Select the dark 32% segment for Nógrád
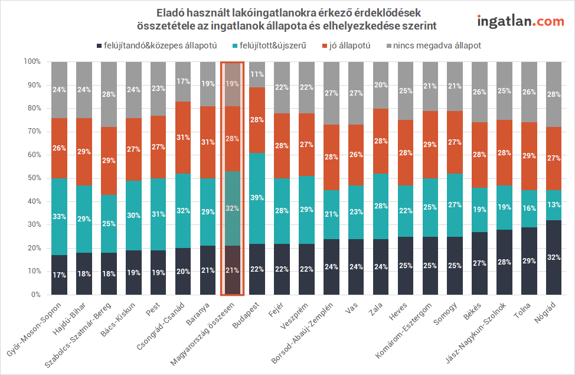point(553,257)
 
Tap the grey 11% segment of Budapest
point(257,74)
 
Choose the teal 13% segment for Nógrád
point(553,205)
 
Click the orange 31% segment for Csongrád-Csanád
point(183,138)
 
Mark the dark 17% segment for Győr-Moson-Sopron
point(59,275)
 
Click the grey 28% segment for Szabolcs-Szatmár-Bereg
point(109,94)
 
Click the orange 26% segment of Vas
point(355,155)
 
